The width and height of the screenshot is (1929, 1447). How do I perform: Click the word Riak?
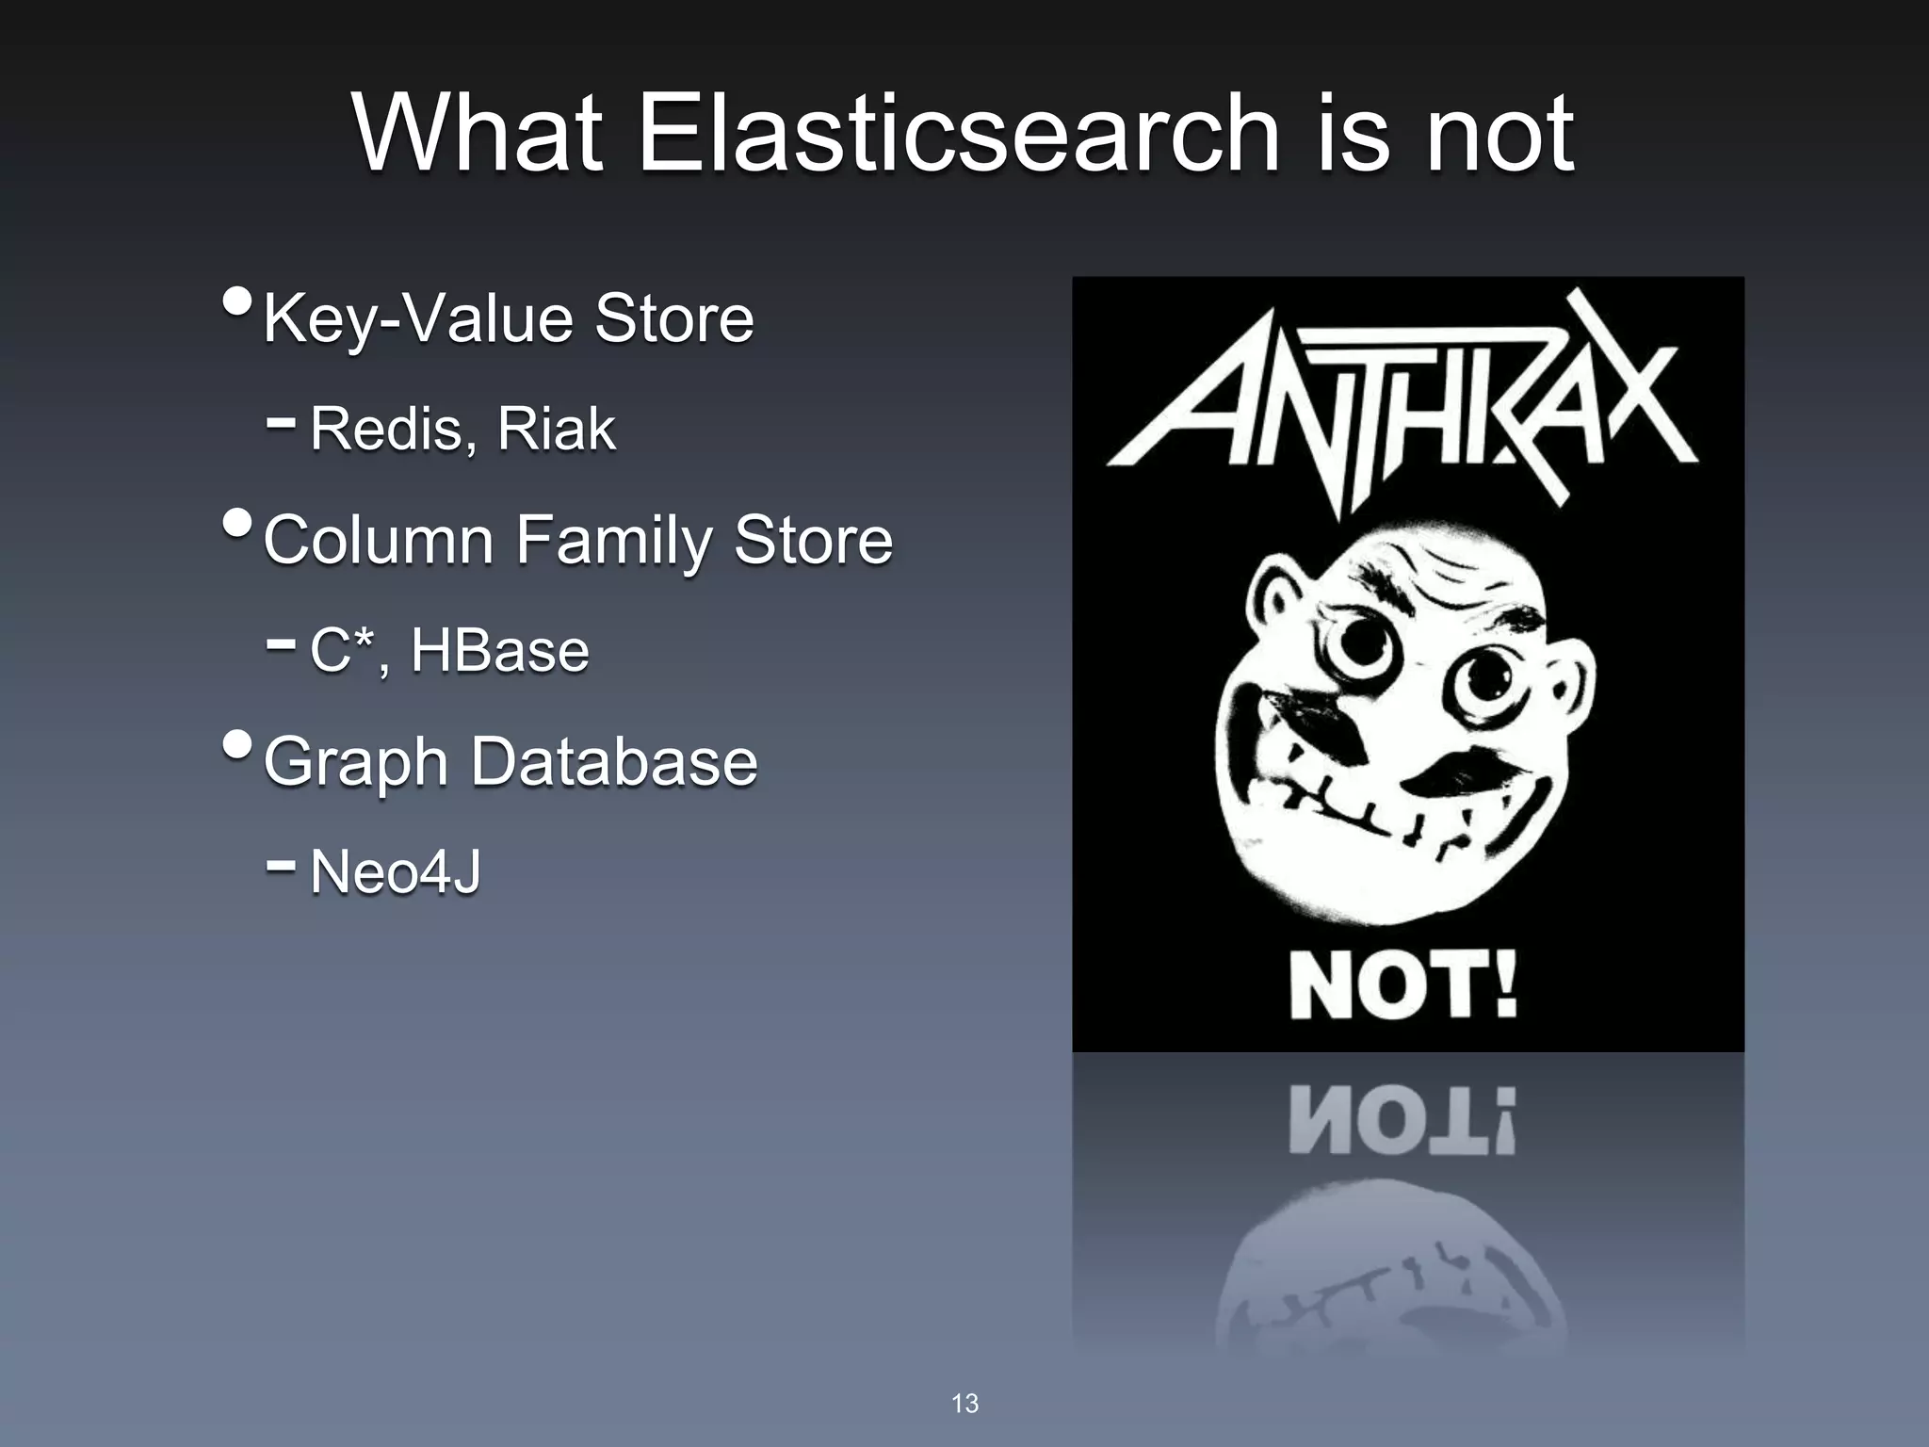pyautogui.click(x=556, y=430)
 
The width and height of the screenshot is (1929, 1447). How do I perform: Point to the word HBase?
pyautogui.click(x=499, y=650)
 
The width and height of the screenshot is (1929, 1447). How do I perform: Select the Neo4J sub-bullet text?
pyautogui.click(x=395, y=871)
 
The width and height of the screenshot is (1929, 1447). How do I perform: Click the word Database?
pyautogui.click(x=613, y=761)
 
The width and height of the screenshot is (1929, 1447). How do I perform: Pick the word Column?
pyautogui.click(x=379, y=541)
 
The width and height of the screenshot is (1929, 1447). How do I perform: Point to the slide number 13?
pyautogui.click(x=964, y=1404)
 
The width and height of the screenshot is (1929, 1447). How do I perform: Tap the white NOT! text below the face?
pyautogui.click(x=1403, y=984)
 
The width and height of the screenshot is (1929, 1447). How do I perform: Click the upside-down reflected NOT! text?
pyautogui.click(x=1403, y=1121)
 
